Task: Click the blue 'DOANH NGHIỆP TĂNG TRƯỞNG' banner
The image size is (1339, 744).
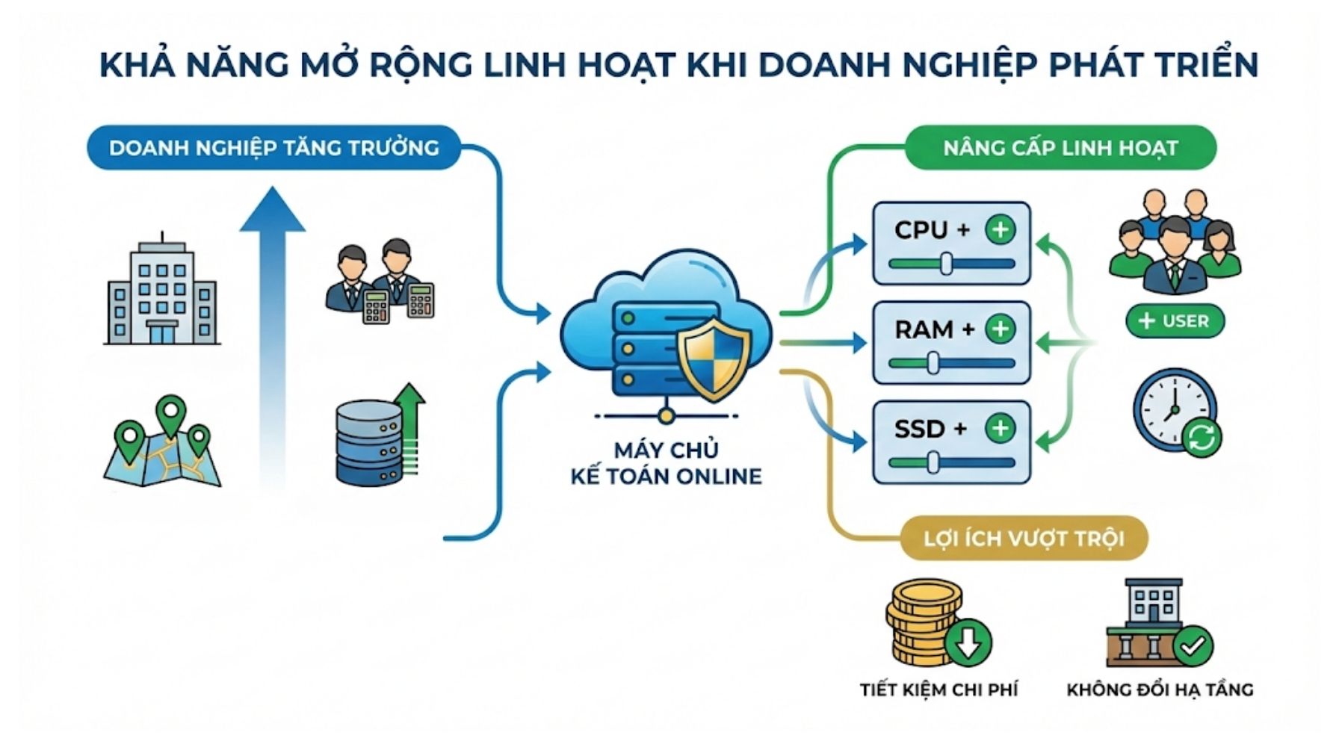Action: coord(273,147)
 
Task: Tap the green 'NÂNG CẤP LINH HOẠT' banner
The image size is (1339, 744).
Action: coord(1060,147)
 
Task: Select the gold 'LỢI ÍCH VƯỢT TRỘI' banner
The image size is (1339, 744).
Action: coord(1023,538)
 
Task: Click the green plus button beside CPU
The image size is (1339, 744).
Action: coord(1000,229)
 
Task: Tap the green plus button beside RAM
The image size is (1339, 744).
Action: coord(1000,329)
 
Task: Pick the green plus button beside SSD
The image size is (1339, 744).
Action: coord(1000,428)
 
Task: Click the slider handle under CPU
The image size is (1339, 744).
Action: coord(946,264)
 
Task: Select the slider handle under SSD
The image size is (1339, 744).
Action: coord(933,462)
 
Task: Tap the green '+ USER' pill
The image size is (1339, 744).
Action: coord(1174,321)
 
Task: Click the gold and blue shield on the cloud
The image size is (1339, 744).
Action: coord(714,359)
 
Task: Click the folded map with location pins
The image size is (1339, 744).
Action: coord(162,444)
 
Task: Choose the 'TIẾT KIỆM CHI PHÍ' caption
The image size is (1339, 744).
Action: coord(938,689)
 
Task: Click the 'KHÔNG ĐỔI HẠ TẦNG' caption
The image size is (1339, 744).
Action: coord(1159,689)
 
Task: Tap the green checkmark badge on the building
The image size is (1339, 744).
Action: coord(1193,645)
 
